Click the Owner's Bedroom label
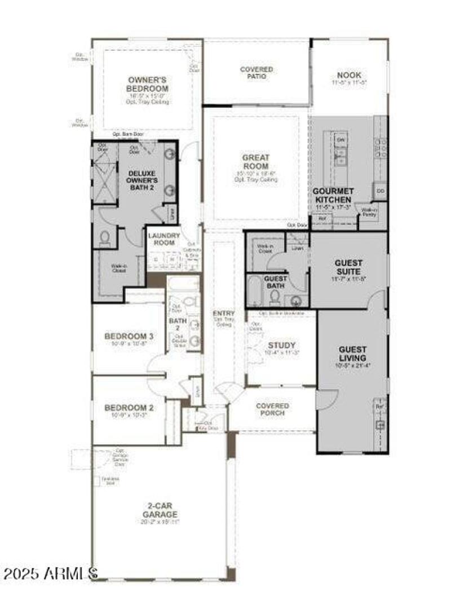pyautogui.click(x=148, y=84)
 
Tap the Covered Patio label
pyautogui.click(x=257, y=73)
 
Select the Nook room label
pyautogui.click(x=349, y=76)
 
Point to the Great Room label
pyautogui.click(x=256, y=162)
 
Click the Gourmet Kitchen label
pyautogui.click(x=333, y=196)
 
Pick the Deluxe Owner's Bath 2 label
pyautogui.click(x=143, y=180)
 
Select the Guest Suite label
pyautogui.click(x=348, y=267)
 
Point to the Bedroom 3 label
pyautogui.click(x=129, y=337)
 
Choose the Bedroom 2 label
pyautogui.click(x=129, y=407)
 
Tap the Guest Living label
pyautogui.click(x=352, y=354)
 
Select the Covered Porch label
pyautogui.click(x=272, y=409)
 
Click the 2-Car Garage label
pyautogui.click(x=160, y=510)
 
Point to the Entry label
pyautogui.click(x=223, y=314)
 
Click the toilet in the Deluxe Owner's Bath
pyautogui.click(x=105, y=239)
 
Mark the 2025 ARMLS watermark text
pyautogui.click(x=51, y=575)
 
